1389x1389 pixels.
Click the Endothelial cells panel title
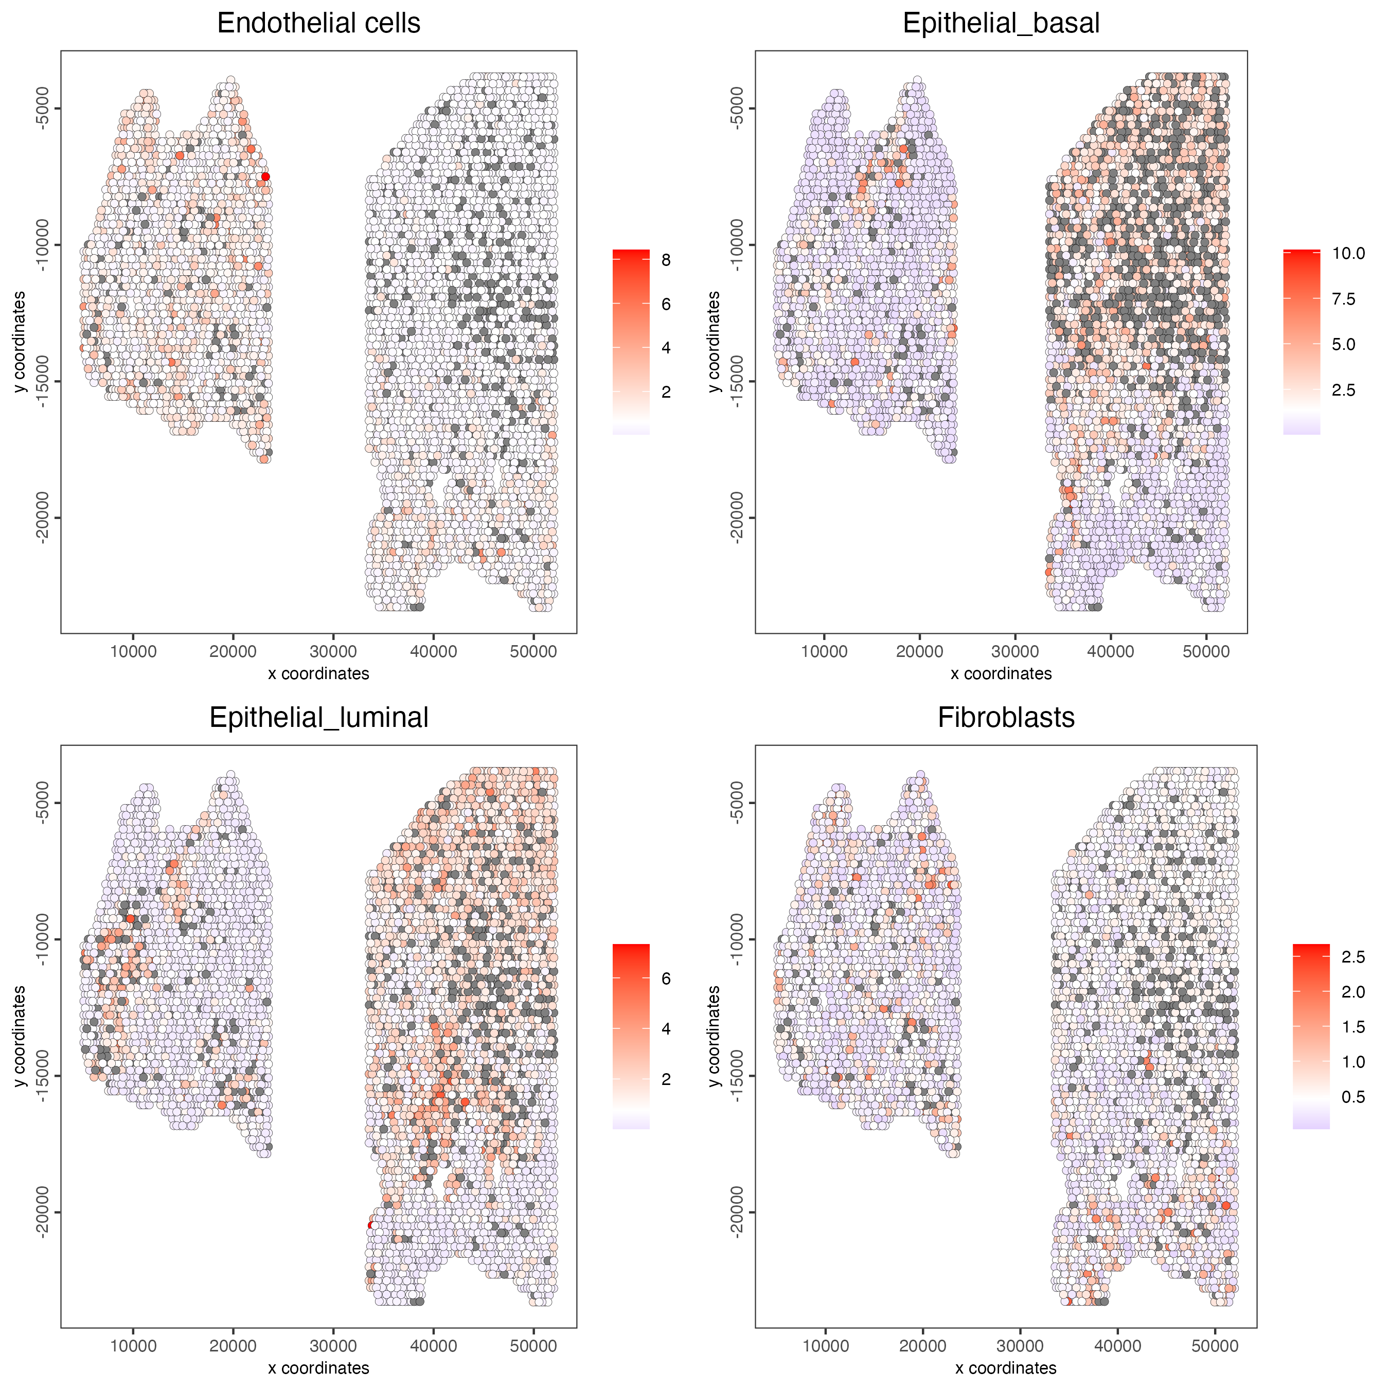(318, 24)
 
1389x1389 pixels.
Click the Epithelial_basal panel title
(1001, 24)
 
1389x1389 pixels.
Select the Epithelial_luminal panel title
(318, 718)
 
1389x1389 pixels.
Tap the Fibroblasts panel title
(1006, 718)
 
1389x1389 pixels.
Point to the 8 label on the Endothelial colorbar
(666, 260)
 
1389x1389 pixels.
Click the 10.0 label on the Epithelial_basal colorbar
(1348, 253)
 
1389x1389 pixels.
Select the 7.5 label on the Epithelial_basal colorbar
(1343, 299)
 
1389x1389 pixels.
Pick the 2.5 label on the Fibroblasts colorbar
(1353, 957)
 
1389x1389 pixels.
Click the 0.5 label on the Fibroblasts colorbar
(1353, 1097)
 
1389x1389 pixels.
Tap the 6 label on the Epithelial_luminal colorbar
(666, 978)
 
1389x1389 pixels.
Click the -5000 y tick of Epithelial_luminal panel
(42, 803)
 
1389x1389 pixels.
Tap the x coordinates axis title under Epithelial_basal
(1001, 673)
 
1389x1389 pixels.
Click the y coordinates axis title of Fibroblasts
(714, 1036)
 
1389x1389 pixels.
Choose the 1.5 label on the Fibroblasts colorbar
(1353, 1027)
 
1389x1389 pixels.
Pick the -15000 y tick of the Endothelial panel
(42, 381)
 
